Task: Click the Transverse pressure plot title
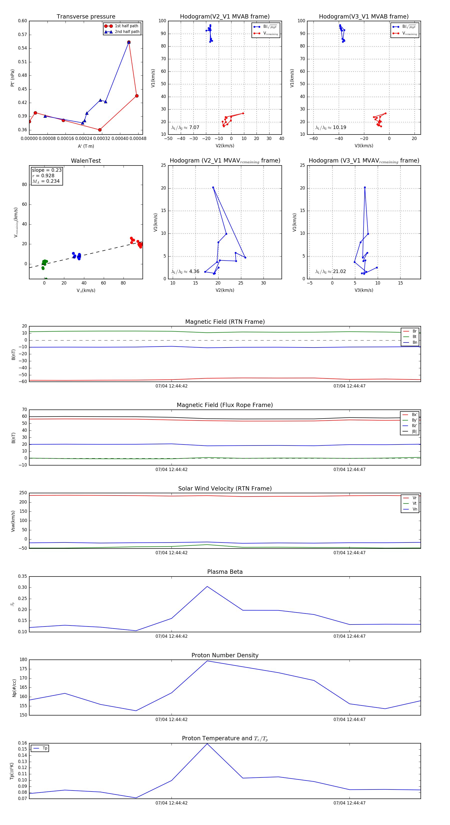(x=86, y=17)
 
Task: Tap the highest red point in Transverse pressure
(x=129, y=42)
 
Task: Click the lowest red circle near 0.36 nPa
(x=100, y=130)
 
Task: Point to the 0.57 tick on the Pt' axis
(x=22, y=34)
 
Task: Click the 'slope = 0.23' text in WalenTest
(x=46, y=170)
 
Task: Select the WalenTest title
(x=86, y=161)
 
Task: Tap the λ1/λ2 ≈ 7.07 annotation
(x=185, y=127)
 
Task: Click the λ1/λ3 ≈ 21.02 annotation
(x=330, y=271)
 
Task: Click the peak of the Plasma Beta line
(x=207, y=586)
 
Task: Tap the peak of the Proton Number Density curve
(x=207, y=661)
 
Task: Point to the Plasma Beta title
(x=225, y=572)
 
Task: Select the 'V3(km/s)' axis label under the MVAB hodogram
(x=363, y=146)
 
